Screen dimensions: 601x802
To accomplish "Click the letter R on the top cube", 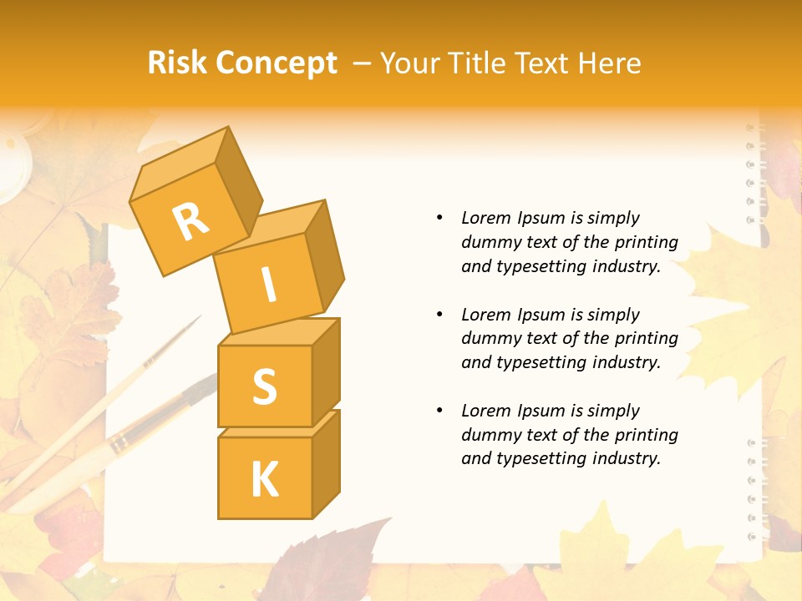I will click(x=190, y=221).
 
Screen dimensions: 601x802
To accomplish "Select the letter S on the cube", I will click(x=264, y=386).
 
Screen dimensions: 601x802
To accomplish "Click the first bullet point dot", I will click(x=439, y=218).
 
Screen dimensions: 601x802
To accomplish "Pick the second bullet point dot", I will click(x=439, y=315).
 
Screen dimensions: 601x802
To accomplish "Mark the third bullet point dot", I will click(x=439, y=411).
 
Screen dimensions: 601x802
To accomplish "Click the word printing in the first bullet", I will click(x=647, y=242).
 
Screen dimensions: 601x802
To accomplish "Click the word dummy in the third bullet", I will click(x=490, y=435).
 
